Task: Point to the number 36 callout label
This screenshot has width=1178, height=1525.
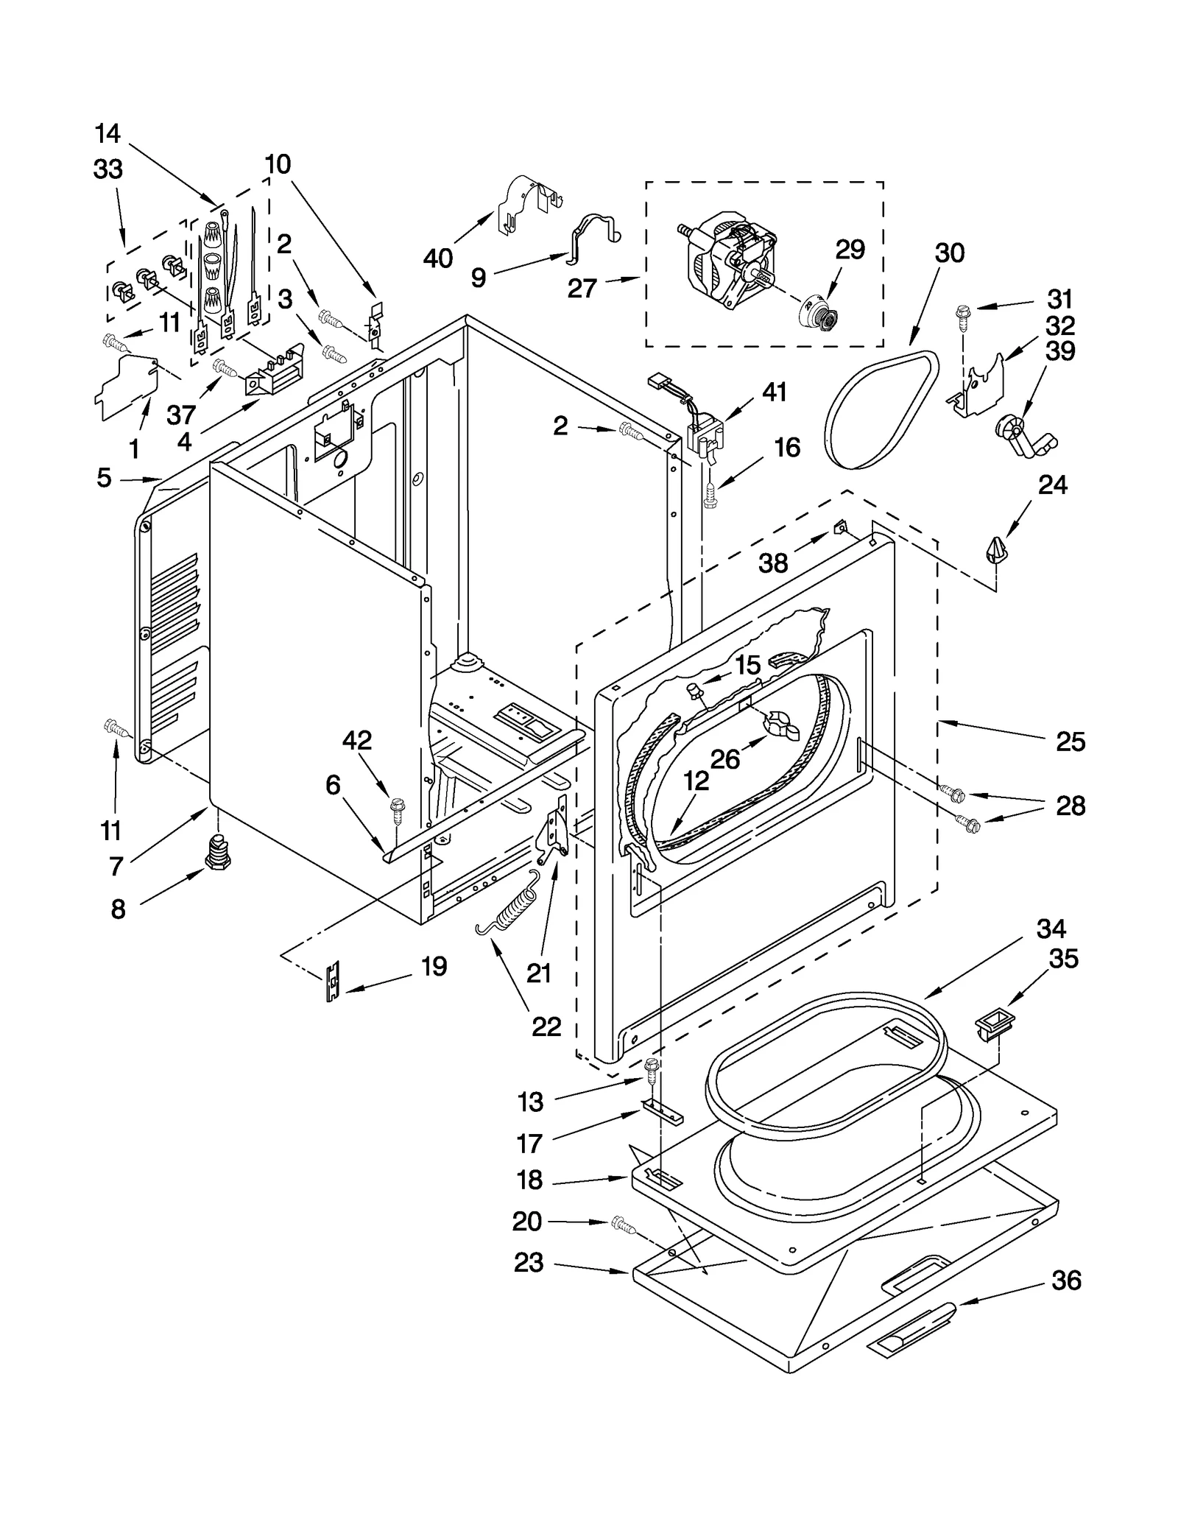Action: pos(1066,1281)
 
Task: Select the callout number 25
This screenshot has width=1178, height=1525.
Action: pos(1070,741)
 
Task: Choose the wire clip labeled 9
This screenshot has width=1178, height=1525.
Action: pos(593,236)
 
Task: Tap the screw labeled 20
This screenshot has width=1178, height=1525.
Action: pos(622,1225)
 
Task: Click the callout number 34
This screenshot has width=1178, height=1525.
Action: pos(1051,929)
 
